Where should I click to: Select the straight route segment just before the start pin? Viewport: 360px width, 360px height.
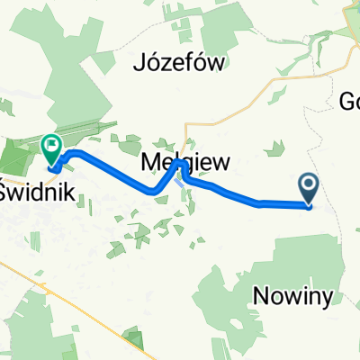283,204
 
